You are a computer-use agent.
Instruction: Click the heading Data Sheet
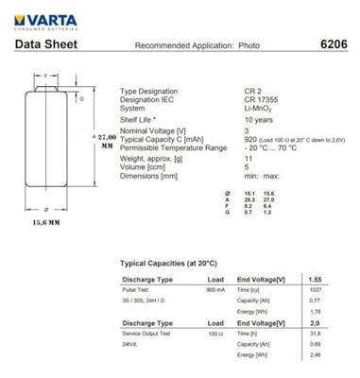click(x=43, y=44)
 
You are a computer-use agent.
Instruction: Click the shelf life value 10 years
click(x=232, y=119)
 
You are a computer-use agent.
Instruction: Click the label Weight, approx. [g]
click(x=155, y=158)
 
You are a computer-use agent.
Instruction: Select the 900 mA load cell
click(x=214, y=290)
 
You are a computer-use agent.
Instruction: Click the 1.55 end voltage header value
click(x=317, y=279)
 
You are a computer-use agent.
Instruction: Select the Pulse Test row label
click(x=138, y=290)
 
